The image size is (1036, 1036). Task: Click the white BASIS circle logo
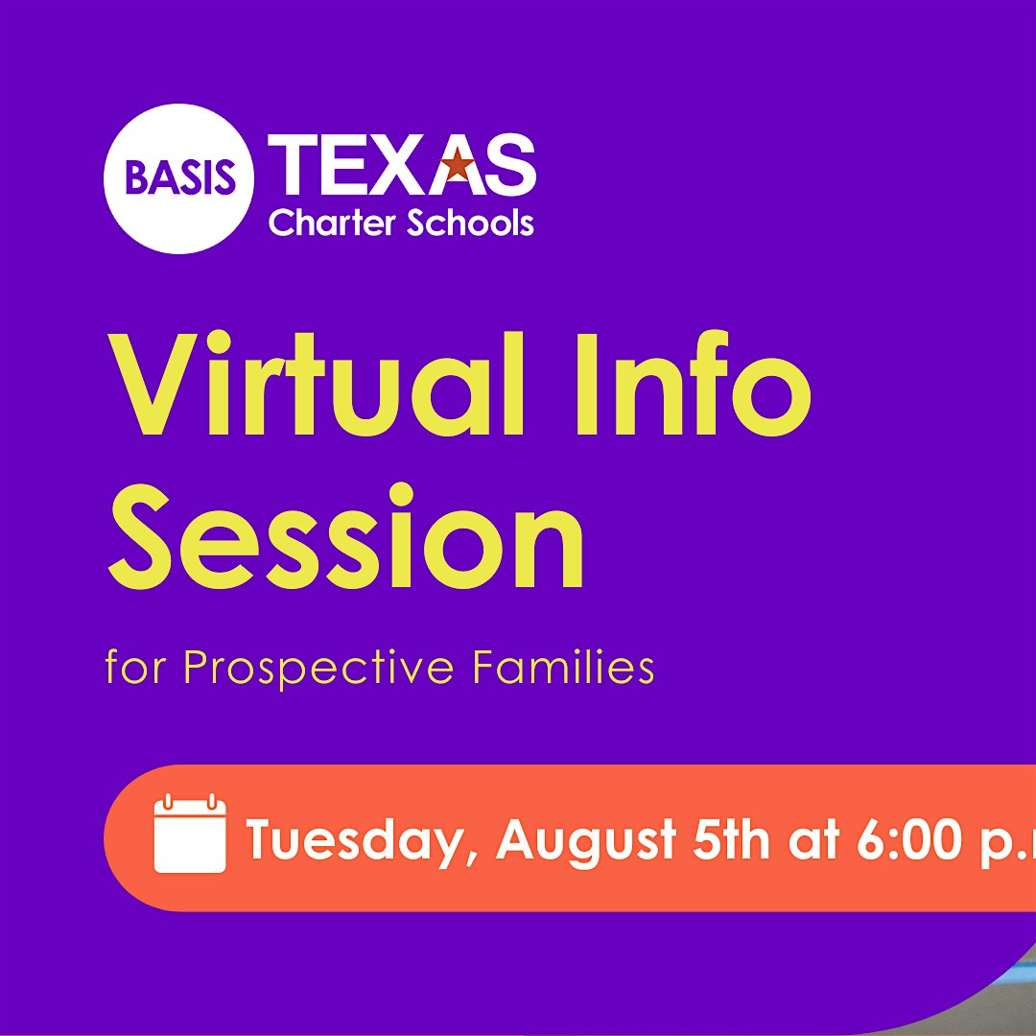point(178,178)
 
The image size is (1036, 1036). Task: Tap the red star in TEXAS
point(458,163)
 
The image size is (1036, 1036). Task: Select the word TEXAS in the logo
point(401,165)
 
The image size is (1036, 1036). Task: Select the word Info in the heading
point(694,384)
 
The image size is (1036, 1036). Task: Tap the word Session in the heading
point(345,536)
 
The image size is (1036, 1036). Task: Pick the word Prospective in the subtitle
point(319,669)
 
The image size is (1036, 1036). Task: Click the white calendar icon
point(190,834)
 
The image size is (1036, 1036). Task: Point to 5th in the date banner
point(731,839)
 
